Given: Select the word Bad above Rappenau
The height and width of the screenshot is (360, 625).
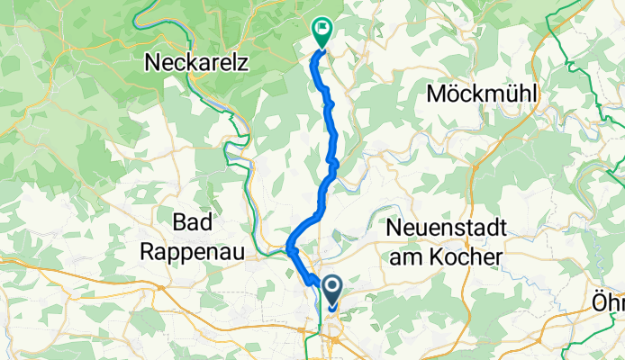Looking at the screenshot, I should pyautogui.click(x=190, y=221).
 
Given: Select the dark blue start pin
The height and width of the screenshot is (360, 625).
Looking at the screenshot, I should pyautogui.click(x=332, y=290).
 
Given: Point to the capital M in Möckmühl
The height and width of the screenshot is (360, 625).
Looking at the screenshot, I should pyautogui.click(x=437, y=93).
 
